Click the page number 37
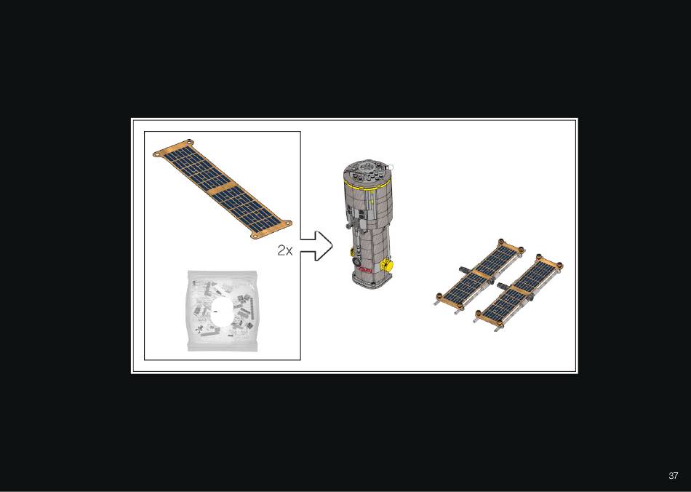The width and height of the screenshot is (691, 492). tap(673, 476)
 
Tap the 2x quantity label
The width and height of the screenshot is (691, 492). tap(284, 250)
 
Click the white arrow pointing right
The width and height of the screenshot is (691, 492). tap(316, 245)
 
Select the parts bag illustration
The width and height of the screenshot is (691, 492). tap(222, 311)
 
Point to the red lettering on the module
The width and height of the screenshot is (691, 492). tap(365, 270)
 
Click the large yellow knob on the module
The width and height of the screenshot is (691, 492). tap(387, 266)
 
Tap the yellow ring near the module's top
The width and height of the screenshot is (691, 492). tap(367, 185)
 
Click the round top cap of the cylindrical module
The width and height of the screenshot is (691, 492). tap(367, 172)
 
